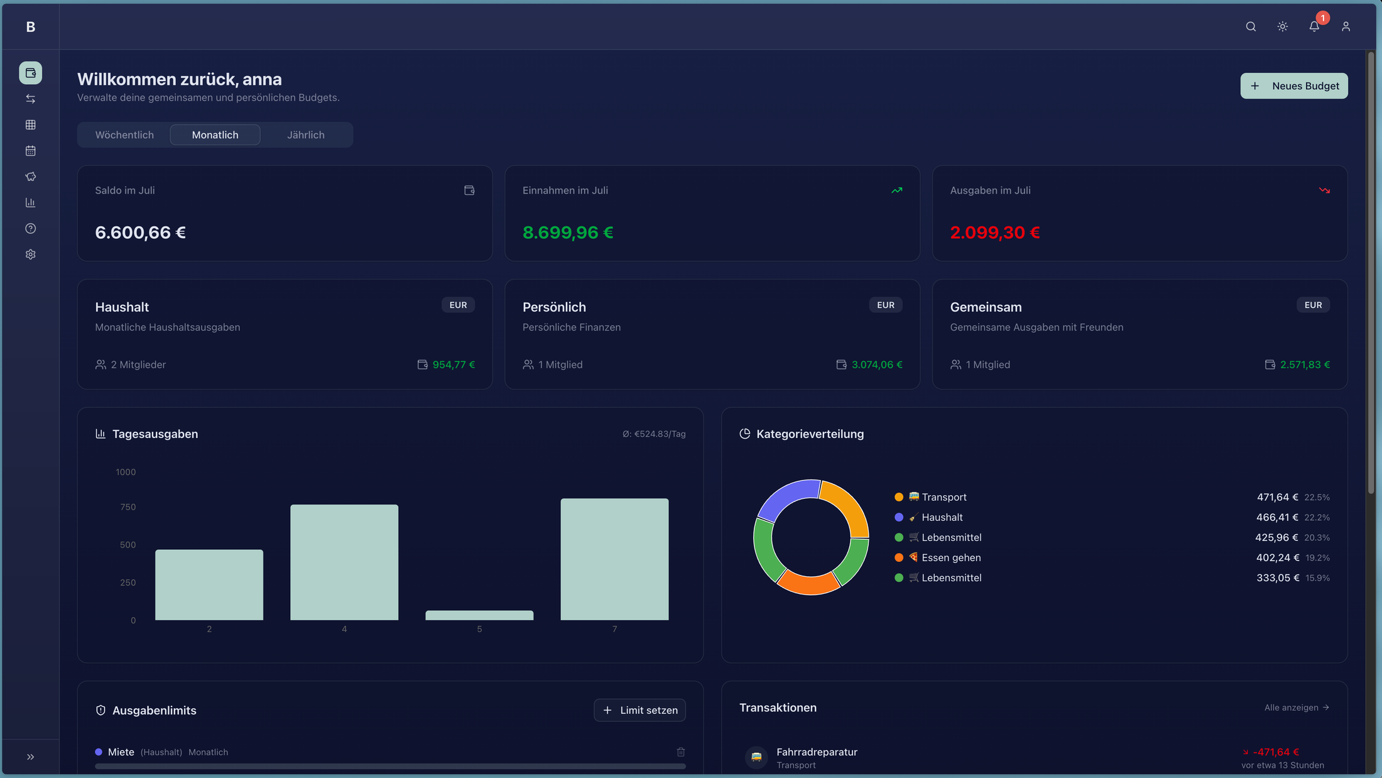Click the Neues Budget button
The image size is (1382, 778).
pos(1293,86)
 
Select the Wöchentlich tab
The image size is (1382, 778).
pos(124,135)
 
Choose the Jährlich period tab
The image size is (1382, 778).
pos(306,135)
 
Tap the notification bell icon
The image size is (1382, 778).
pos(1314,26)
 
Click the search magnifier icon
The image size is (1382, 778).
pos(1251,26)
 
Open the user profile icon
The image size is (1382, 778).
pos(1346,26)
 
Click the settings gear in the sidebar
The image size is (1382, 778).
pos(30,255)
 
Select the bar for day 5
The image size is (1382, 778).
pos(479,615)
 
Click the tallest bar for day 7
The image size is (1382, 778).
pos(614,559)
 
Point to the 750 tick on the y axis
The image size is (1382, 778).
pos(128,507)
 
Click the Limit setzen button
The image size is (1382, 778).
pos(639,710)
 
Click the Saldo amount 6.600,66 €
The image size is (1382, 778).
pos(140,233)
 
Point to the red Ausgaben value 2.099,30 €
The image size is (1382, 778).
pos(995,233)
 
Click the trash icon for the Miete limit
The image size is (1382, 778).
pos(681,752)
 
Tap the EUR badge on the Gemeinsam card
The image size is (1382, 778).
pos(1313,305)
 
